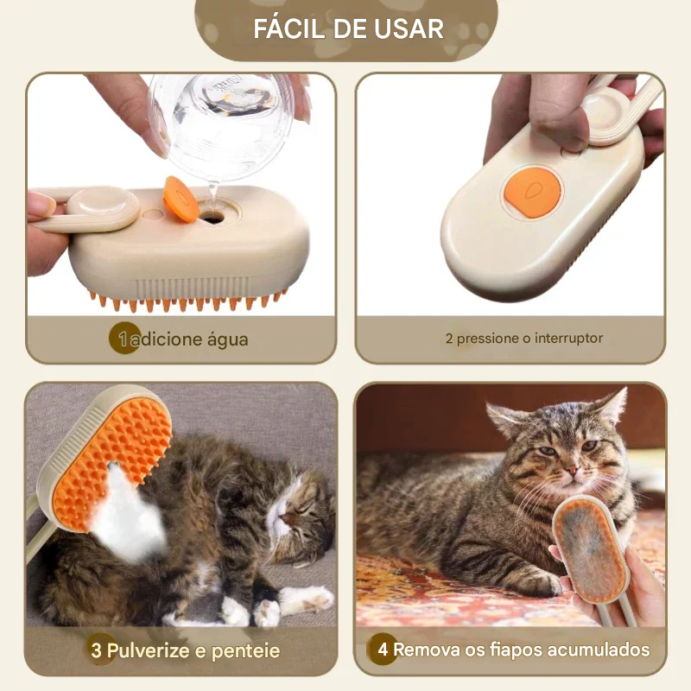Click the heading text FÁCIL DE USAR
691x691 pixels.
click(x=348, y=29)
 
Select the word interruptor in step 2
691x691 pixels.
click(x=568, y=339)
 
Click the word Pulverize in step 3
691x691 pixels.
click(x=148, y=651)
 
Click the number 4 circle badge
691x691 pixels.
click(x=382, y=649)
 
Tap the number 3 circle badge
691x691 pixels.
click(x=99, y=650)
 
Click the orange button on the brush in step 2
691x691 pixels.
click(x=531, y=192)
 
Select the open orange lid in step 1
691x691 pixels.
click(x=181, y=200)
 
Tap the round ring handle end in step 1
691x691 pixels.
click(x=102, y=207)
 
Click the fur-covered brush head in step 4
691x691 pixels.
click(x=590, y=548)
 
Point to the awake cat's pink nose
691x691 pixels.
click(x=572, y=471)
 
